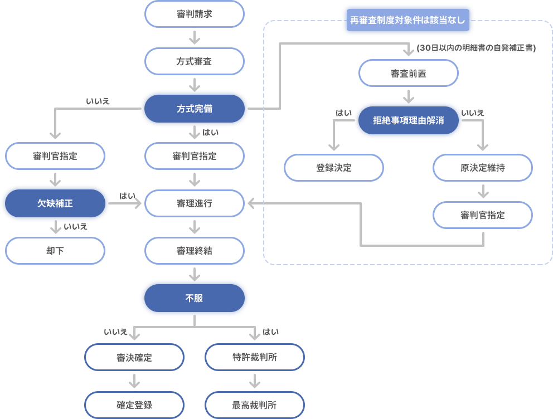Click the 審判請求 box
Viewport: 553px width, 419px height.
point(195,14)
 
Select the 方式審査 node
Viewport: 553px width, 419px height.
point(195,61)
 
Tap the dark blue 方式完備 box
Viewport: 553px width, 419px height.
point(195,109)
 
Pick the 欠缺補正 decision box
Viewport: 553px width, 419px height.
point(55,203)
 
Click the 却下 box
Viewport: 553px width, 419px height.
point(55,251)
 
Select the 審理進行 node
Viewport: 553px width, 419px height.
point(195,203)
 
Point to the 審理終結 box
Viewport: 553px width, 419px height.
point(195,251)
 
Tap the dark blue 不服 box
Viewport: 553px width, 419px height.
point(195,298)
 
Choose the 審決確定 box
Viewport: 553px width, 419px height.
point(134,357)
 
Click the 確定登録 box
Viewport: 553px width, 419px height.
point(134,405)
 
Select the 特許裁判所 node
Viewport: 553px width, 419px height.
point(255,357)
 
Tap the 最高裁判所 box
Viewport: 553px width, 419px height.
point(255,405)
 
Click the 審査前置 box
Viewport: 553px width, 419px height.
point(409,74)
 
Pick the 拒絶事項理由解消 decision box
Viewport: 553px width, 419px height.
point(409,120)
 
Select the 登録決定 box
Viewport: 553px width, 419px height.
point(333,168)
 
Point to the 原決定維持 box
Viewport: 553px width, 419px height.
point(482,168)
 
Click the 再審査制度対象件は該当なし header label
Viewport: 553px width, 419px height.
point(408,20)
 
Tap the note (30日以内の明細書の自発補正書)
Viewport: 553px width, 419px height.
point(476,48)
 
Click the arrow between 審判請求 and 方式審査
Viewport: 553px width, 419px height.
point(195,38)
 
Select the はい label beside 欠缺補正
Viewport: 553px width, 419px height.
point(127,196)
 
